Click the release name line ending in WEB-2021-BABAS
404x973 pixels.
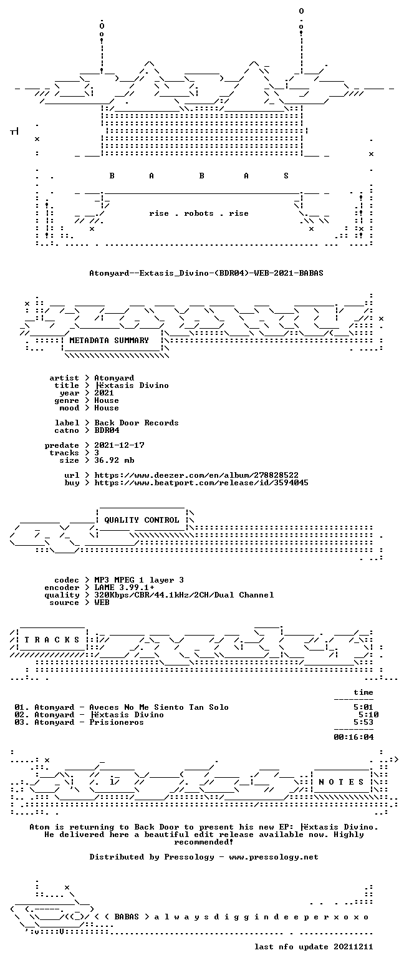[x=206, y=273]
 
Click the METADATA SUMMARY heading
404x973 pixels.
[x=109, y=341]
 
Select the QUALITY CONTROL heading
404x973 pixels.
[x=142, y=520]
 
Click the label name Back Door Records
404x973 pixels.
[x=137, y=423]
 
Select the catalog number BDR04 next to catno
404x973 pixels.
[x=107, y=430]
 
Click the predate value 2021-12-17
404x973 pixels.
[x=120, y=445]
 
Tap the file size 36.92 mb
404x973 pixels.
[x=114, y=460]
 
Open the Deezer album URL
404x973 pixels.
[x=196, y=475]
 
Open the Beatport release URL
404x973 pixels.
[x=201, y=483]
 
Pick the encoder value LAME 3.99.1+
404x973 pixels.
[x=124, y=588]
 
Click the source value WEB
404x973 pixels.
[x=102, y=603]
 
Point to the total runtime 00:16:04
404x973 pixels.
[x=353, y=737]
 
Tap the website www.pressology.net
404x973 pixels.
[x=274, y=857]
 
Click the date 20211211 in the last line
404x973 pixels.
[x=353, y=947]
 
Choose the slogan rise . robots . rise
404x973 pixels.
[x=199, y=213]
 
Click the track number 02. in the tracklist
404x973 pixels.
[x=22, y=715]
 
